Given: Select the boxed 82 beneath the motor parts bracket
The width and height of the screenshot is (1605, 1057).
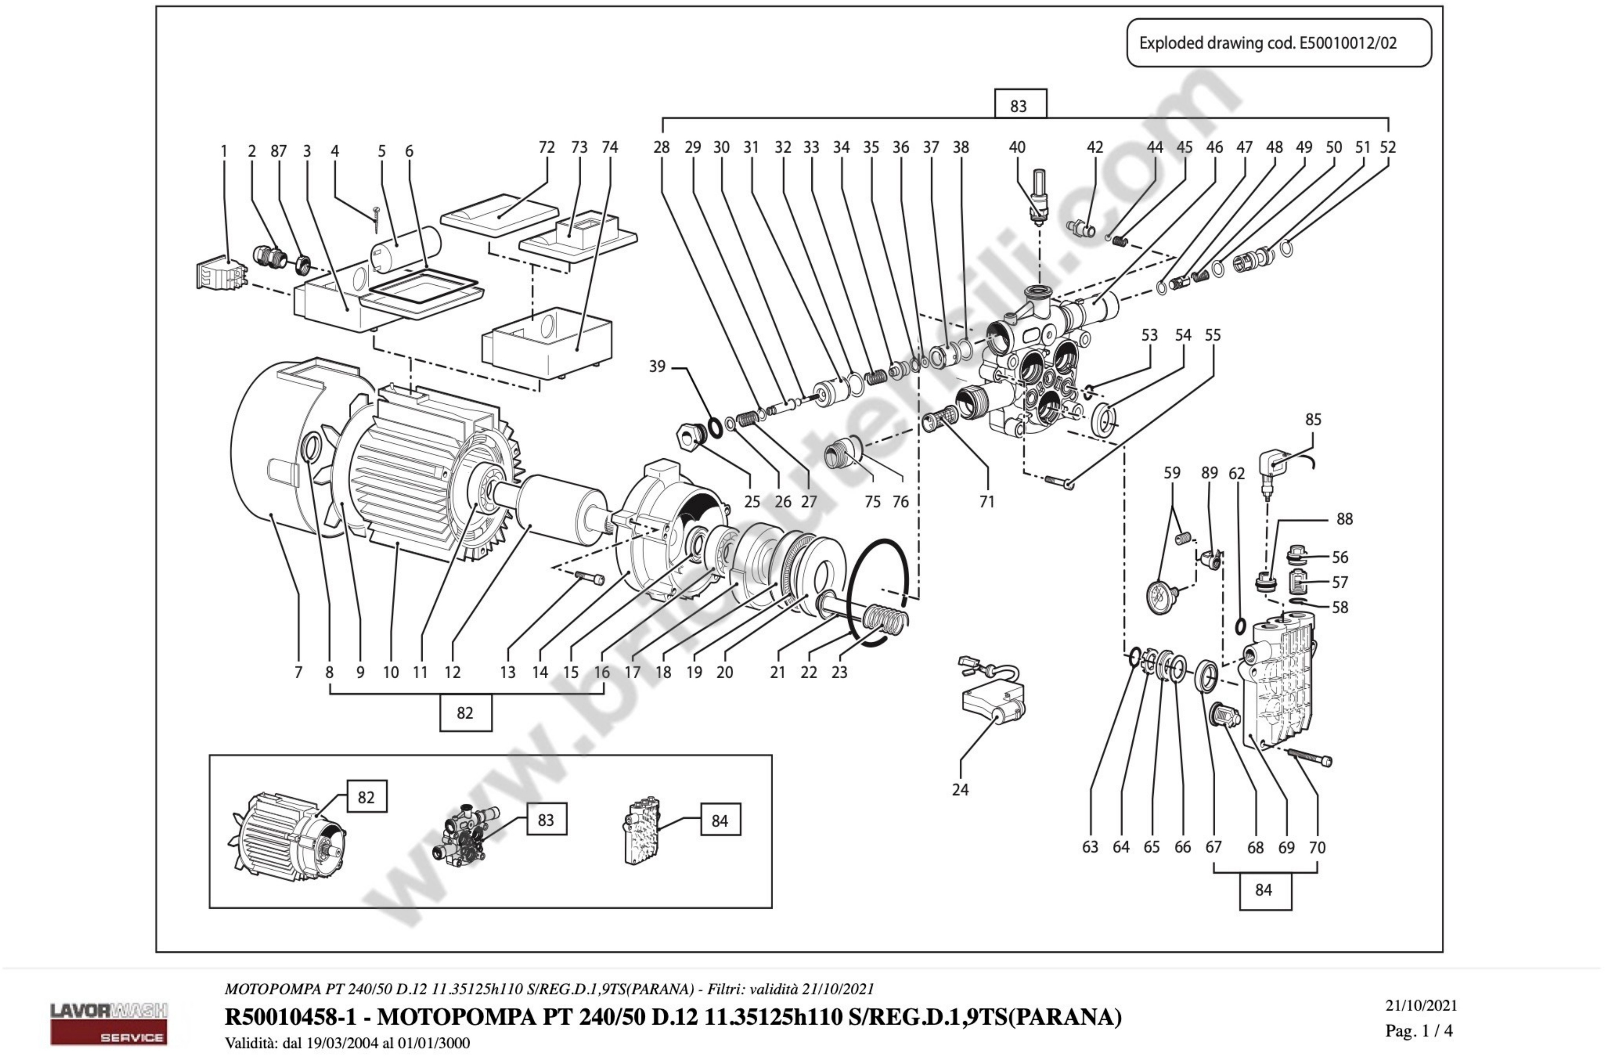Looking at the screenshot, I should pos(465,712).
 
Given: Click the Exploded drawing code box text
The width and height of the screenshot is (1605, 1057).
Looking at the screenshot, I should pos(1268,43).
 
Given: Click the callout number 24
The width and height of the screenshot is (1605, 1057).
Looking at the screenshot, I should pos(960,789).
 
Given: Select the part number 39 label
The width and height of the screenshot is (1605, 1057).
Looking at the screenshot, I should pos(657,366).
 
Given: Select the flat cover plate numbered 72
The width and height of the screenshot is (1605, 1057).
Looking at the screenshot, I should pos(499,214).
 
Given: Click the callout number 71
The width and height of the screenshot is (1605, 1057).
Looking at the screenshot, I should pos(987,501).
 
